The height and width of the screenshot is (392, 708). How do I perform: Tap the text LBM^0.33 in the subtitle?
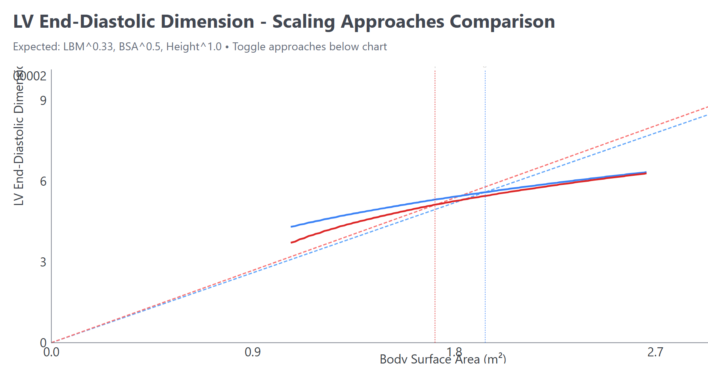(x=88, y=47)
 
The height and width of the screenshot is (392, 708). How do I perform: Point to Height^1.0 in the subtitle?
(x=194, y=47)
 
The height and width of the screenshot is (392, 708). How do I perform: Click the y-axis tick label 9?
(x=43, y=101)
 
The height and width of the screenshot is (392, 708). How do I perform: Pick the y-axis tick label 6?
(x=43, y=181)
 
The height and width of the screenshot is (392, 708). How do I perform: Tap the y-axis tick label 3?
(x=43, y=262)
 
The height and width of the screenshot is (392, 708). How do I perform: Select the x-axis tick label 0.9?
(x=253, y=352)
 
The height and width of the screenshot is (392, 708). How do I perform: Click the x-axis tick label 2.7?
(x=655, y=352)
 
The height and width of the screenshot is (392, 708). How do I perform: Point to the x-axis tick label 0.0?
(x=51, y=352)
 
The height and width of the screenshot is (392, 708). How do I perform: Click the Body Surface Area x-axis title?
(x=442, y=360)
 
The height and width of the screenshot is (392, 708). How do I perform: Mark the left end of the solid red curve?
(x=292, y=242)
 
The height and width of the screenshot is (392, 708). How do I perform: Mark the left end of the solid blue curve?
(x=292, y=226)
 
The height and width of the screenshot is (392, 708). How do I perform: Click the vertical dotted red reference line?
(x=435, y=277)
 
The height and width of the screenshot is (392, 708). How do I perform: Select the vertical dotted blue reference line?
(x=485, y=277)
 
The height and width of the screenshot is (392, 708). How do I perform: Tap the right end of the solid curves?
(x=646, y=173)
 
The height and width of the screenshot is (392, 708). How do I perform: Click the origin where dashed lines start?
(x=52, y=343)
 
